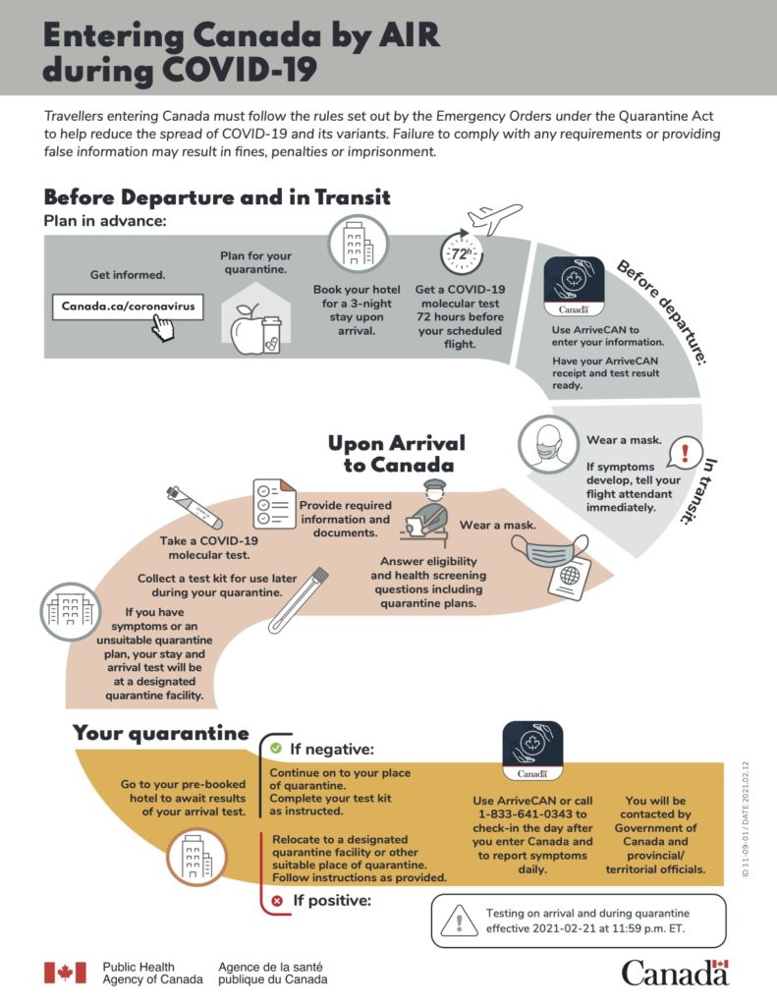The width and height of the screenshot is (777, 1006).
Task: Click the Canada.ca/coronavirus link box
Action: (129, 307)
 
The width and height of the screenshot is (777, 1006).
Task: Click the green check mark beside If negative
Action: (276, 749)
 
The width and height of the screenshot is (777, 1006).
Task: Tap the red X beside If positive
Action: (276, 899)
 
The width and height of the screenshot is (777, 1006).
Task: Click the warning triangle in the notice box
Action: (458, 922)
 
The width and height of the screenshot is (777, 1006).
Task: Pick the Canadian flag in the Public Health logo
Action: (65, 973)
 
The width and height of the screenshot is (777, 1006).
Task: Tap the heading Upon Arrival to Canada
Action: (397, 453)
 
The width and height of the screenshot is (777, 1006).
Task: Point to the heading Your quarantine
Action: (161, 733)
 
